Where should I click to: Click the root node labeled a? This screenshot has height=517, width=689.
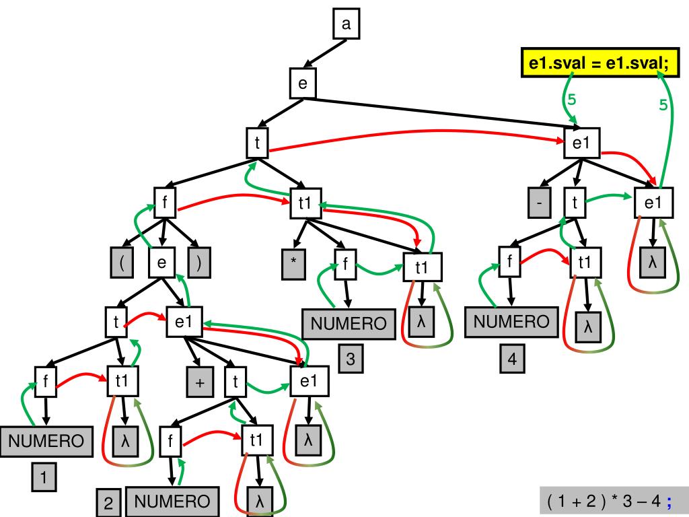346,25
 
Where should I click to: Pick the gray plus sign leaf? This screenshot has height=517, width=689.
200,382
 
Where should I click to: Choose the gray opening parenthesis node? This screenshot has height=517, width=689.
122,263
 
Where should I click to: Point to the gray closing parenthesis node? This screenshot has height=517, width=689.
198,263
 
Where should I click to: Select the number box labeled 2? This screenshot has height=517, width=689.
108,502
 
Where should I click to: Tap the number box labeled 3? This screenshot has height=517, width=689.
350,359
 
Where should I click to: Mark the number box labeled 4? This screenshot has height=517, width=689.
511,359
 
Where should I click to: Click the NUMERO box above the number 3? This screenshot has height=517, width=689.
348,324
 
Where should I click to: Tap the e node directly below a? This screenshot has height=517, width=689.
302,83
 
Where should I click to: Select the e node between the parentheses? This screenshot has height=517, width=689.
161,263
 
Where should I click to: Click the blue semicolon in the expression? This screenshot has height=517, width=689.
669,501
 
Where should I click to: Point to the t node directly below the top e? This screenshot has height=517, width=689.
256,141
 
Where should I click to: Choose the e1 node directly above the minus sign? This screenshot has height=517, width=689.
581,143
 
